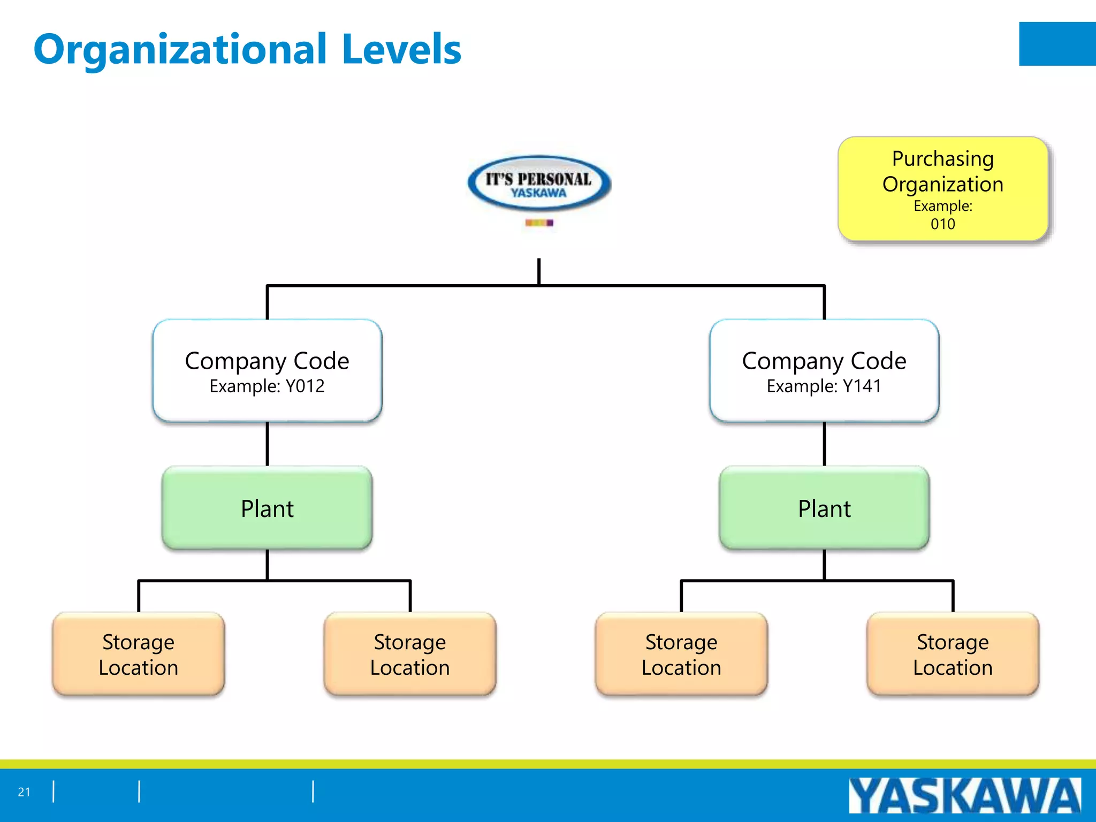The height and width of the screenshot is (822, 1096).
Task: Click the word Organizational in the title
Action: click(x=180, y=50)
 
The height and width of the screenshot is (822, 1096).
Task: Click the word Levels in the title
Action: click(x=401, y=50)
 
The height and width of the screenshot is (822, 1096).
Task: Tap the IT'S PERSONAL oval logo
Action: click(x=539, y=184)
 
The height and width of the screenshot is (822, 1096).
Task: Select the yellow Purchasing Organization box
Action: click(x=942, y=188)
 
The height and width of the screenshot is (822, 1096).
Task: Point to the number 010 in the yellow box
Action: click(x=942, y=224)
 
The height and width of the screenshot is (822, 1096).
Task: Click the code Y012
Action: click(x=305, y=386)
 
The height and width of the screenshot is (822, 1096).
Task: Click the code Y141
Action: click(x=862, y=386)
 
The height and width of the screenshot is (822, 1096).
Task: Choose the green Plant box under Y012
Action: click(x=267, y=508)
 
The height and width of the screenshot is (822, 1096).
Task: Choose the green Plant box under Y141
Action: click(x=824, y=508)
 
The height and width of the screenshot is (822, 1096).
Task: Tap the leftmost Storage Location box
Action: click(x=139, y=654)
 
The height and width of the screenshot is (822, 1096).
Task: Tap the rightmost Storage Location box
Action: click(x=953, y=654)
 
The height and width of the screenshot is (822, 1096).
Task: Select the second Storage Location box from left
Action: click(x=410, y=654)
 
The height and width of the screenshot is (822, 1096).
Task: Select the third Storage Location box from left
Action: click(x=681, y=654)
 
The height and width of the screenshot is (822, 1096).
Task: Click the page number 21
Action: click(x=24, y=792)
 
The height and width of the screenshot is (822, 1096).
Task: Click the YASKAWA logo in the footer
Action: click(x=964, y=796)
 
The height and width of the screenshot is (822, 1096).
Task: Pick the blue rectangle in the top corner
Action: click(x=1057, y=44)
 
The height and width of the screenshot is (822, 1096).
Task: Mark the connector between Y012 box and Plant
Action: click(x=267, y=444)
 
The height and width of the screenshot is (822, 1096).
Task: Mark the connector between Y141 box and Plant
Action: click(x=824, y=444)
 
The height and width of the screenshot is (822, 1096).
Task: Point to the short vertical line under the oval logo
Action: click(x=539, y=271)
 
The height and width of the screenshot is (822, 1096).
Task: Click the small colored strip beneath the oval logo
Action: click(x=539, y=223)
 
